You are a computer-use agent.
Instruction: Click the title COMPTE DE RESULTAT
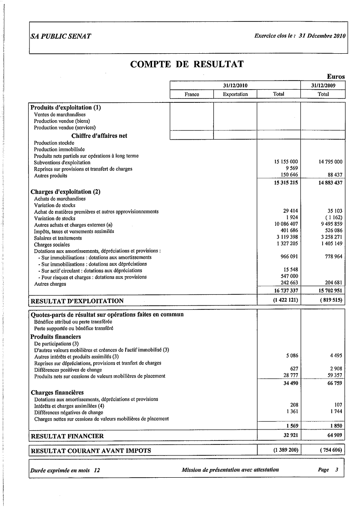[x=187, y=64]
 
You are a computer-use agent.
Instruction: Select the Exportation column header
[x=235, y=94]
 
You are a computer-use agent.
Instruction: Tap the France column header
[x=192, y=94]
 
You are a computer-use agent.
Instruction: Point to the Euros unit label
[x=335, y=77]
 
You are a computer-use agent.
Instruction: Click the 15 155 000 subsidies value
[x=286, y=162]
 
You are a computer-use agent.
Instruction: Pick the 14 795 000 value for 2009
[x=328, y=162]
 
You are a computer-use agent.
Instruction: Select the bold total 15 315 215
[x=285, y=182]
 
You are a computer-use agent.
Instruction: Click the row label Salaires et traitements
[x=58, y=238]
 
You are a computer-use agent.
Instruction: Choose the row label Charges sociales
[x=51, y=244]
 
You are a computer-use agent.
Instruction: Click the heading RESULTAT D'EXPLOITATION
[x=77, y=301]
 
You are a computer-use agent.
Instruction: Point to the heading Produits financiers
[x=56, y=337]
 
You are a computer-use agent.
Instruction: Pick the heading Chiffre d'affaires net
[x=99, y=136]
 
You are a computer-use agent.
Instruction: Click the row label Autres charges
[x=50, y=284]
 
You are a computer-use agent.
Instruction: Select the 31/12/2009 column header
[x=323, y=85]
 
